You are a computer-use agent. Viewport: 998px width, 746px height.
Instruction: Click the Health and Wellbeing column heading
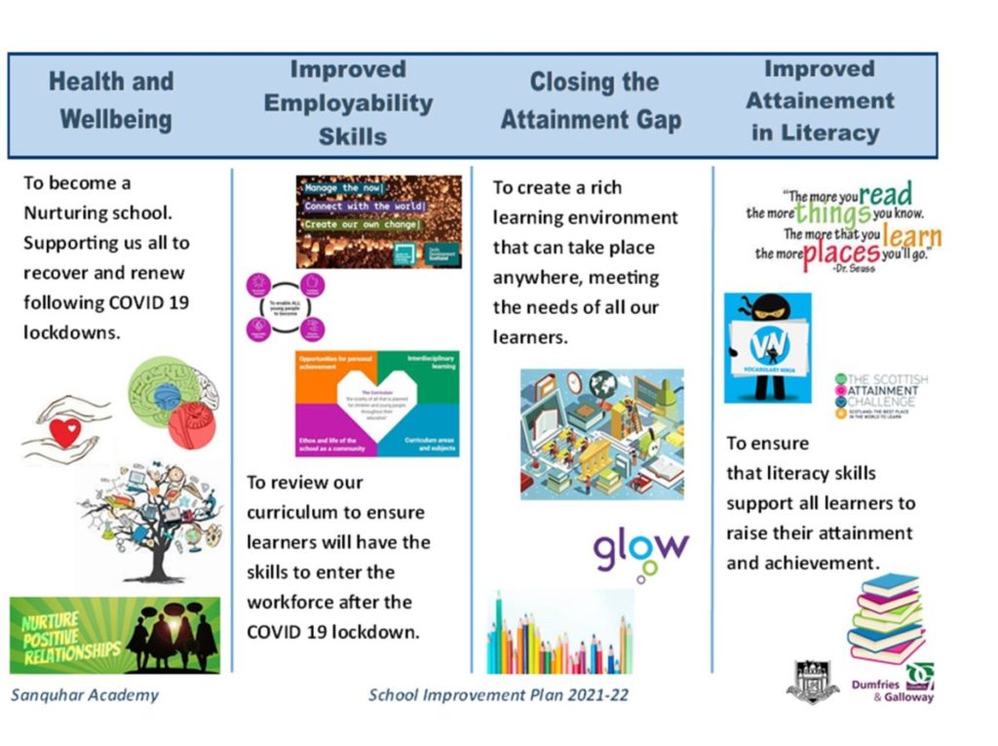(x=111, y=100)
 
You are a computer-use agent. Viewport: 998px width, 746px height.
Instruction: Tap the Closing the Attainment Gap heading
(x=592, y=100)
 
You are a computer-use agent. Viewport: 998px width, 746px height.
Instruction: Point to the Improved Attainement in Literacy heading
(x=819, y=100)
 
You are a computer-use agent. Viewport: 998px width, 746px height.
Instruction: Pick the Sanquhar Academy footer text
(x=85, y=695)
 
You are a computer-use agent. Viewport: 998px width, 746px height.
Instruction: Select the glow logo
(x=640, y=553)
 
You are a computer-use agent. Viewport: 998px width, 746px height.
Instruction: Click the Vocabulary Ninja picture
(x=767, y=347)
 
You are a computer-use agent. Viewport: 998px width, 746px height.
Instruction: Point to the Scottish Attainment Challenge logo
(x=881, y=395)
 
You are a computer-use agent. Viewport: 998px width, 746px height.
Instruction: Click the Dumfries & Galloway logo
(x=894, y=685)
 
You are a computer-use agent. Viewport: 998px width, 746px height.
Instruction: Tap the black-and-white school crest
(x=812, y=681)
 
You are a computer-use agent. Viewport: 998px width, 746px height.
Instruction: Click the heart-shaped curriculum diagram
(x=377, y=404)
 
